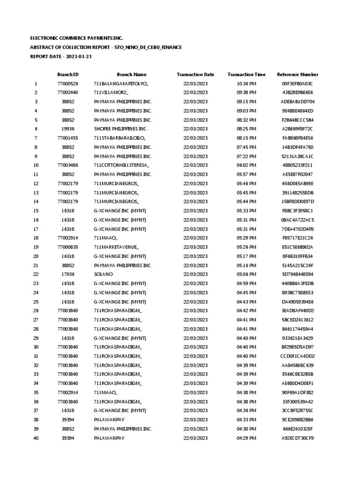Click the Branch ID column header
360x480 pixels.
68,75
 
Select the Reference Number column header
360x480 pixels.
298,75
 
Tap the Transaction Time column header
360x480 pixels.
247,75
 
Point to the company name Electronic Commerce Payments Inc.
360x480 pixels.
76,38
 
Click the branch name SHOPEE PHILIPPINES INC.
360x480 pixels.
121,129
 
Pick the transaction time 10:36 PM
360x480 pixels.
247,83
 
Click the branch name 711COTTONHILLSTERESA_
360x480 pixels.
121,165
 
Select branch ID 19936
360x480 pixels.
68,129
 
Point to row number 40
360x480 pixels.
36,439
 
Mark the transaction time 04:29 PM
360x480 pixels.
247,439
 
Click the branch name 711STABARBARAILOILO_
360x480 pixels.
120,138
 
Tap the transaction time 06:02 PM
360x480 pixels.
247,165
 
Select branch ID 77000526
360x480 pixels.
68,83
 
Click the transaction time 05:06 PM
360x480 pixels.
247,275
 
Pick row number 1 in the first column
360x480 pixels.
36,83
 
